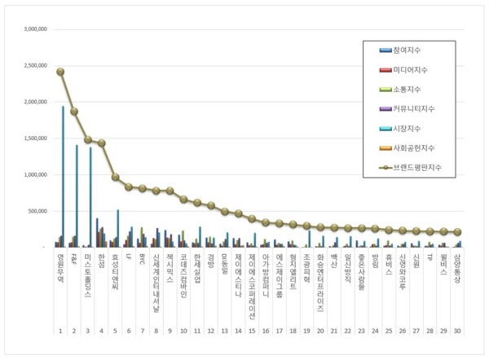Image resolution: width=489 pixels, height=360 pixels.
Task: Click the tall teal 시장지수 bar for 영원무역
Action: (63, 176)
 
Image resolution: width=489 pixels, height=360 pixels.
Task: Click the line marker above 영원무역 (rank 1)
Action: (60, 72)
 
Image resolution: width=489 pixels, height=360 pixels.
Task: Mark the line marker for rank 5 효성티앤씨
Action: (115, 177)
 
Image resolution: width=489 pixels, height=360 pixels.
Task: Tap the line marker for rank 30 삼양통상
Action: (458, 232)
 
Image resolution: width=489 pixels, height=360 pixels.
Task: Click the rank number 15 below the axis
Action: (252, 331)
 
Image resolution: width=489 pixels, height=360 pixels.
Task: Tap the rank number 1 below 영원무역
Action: (59, 331)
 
